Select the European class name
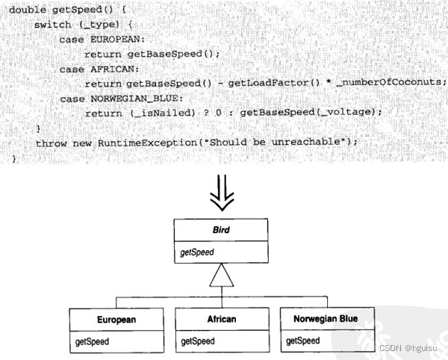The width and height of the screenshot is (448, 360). click(116, 320)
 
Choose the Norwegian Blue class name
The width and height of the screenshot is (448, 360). click(326, 320)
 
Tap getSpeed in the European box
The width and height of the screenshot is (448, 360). click(93, 342)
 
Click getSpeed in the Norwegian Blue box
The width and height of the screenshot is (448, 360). click(303, 342)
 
